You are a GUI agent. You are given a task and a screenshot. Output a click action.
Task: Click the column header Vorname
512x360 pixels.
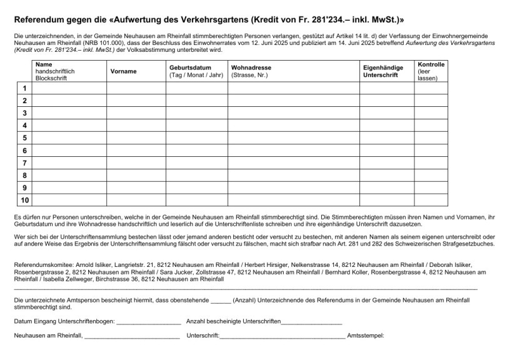point(123,71)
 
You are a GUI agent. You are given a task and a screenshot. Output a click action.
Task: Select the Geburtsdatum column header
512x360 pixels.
point(190,67)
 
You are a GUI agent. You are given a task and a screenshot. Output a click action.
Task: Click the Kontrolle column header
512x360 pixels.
point(431,64)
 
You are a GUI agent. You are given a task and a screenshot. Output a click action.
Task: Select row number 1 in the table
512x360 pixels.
point(24,88)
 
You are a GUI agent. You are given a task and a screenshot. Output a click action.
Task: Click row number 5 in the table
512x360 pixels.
point(24,137)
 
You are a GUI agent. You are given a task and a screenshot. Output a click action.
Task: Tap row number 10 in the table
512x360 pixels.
point(24,200)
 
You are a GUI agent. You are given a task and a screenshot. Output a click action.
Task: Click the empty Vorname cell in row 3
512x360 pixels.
point(136,113)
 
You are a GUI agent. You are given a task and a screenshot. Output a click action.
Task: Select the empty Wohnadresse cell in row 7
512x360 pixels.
point(293,162)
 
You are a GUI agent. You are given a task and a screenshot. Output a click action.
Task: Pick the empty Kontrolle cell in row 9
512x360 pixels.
point(431,187)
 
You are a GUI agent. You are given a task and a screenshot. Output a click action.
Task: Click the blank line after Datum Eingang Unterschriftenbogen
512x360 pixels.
point(148,322)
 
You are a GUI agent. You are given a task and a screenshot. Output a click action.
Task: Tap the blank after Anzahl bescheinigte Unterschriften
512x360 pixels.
point(311,322)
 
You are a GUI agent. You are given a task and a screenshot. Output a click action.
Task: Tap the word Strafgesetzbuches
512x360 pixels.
point(463,243)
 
